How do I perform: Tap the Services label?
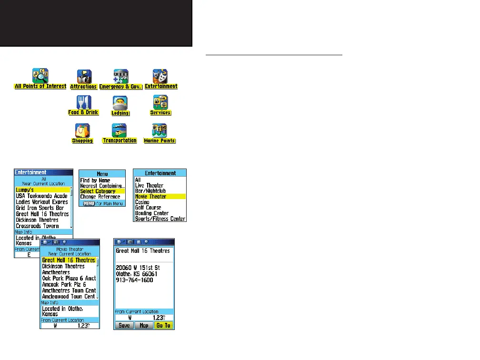pyautogui.click(x=160, y=112)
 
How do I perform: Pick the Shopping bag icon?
pyautogui.click(x=82, y=130)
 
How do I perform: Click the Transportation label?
pyautogui.click(x=120, y=140)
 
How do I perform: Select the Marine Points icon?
pyautogui.click(x=160, y=130)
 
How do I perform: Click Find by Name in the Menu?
pyautogui.click(x=95, y=180)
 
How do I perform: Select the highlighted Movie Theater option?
pyautogui.click(x=160, y=197)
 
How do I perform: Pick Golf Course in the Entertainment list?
pyautogui.click(x=148, y=208)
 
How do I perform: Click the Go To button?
pyautogui.click(x=163, y=326)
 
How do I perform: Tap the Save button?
pyautogui.click(x=123, y=326)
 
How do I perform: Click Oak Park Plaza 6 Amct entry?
pyautogui.click(x=69, y=279)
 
